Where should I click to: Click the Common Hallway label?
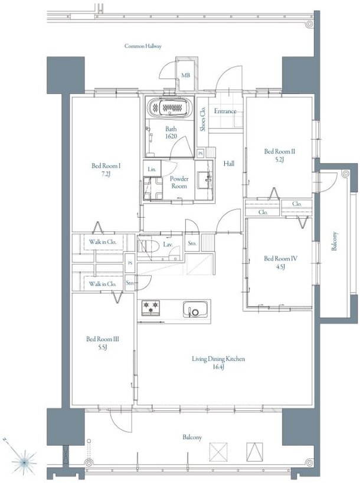point(143,46)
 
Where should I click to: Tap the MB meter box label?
point(185,75)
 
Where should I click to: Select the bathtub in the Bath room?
point(169,107)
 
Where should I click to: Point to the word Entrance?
point(225,111)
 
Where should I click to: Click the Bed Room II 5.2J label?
point(280,155)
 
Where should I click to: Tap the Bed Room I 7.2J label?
point(106,170)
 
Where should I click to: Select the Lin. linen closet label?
point(152,169)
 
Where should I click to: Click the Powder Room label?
point(179,182)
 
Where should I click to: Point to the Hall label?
point(229,163)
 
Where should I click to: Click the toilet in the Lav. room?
point(148,246)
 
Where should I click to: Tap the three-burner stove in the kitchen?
point(150,308)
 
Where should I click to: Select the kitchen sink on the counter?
point(195,309)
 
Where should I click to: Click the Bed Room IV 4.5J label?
point(280,262)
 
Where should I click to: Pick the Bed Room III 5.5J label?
point(103,343)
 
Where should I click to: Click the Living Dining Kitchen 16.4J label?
point(218,363)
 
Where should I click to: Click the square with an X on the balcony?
point(218,452)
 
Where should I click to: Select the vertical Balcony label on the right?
point(335,241)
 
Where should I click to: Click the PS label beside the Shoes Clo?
point(201,153)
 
